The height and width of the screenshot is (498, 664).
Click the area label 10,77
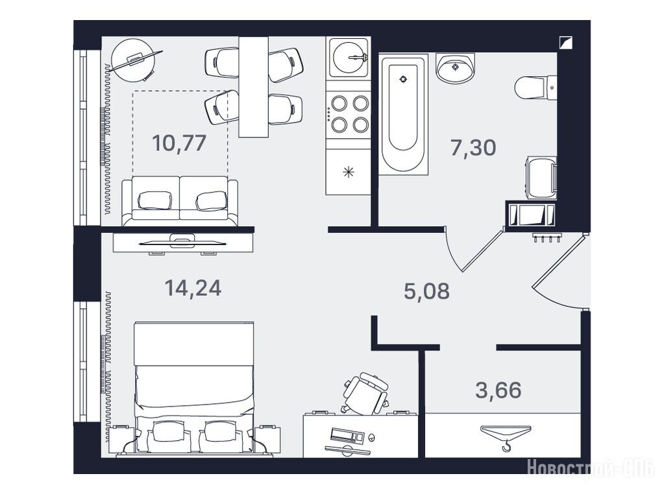click(x=179, y=143)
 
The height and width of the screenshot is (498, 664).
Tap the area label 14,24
click(x=193, y=288)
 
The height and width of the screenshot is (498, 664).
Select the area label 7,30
click(x=473, y=148)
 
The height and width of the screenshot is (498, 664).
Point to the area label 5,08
click(x=426, y=292)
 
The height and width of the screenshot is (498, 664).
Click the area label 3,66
click(x=498, y=390)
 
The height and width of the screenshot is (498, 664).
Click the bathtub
click(x=402, y=114)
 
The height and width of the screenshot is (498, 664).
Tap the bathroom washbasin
click(x=455, y=68)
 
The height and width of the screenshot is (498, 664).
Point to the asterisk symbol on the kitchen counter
click(x=348, y=172)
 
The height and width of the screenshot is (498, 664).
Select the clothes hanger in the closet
click(x=506, y=436)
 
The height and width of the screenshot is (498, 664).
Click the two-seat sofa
click(x=180, y=201)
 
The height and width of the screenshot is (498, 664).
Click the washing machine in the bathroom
click(x=541, y=177)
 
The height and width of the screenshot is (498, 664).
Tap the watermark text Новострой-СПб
click(x=591, y=468)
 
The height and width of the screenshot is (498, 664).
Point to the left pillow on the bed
click(x=166, y=435)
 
